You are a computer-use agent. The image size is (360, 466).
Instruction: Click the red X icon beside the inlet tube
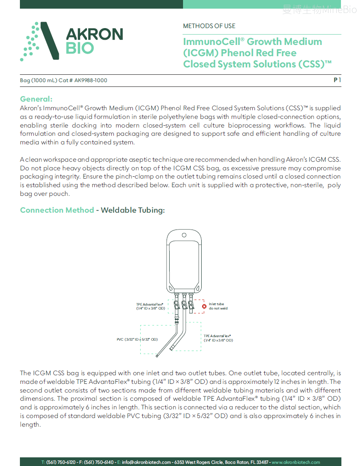(204, 306)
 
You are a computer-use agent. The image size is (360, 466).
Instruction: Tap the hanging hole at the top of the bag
(184, 235)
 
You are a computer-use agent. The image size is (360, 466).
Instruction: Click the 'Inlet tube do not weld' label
(218, 306)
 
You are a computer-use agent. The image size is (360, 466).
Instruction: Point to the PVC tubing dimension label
(137, 339)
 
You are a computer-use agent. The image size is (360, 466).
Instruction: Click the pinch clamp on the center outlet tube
(184, 305)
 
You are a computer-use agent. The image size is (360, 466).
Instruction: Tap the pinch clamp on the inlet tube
(191, 305)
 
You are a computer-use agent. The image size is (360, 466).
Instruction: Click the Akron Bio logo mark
(39, 41)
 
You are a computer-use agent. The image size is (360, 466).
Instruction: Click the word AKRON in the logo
(95, 34)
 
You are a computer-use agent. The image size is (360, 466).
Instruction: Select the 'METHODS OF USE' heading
(209, 26)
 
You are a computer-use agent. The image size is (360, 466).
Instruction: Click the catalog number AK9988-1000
(91, 80)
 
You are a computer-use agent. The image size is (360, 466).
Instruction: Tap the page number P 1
(337, 80)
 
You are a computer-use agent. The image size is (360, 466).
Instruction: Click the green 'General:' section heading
(36, 99)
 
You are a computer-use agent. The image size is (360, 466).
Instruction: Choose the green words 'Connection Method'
(57, 210)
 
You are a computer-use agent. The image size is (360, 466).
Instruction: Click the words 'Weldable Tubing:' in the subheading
(133, 210)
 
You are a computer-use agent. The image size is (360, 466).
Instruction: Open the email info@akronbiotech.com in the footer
(146, 462)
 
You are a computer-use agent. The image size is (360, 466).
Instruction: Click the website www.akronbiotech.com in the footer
(296, 462)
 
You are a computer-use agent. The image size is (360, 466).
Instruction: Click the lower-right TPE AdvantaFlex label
(219, 338)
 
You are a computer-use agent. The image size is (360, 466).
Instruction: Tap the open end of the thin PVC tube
(157, 356)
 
